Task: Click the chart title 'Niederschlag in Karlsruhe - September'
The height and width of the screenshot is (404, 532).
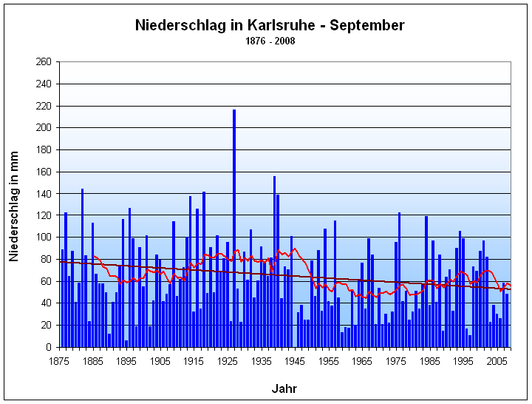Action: click(270, 25)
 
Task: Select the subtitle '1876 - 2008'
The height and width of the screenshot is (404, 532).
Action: click(270, 41)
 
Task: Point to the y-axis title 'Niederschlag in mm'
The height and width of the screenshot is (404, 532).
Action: click(13, 203)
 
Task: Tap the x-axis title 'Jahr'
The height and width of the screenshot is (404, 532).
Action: click(284, 388)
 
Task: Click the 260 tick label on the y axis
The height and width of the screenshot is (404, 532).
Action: click(43, 62)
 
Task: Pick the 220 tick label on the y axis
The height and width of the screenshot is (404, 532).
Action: click(43, 106)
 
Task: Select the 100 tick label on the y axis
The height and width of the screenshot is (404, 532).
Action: click(43, 238)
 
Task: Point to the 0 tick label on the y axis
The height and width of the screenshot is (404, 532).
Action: click(48, 347)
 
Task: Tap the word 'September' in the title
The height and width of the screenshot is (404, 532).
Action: click(367, 25)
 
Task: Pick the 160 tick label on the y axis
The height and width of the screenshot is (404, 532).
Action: click(43, 172)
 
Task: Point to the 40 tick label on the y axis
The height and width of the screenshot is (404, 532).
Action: click(46, 303)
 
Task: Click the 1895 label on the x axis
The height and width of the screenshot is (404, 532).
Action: click(126, 360)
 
